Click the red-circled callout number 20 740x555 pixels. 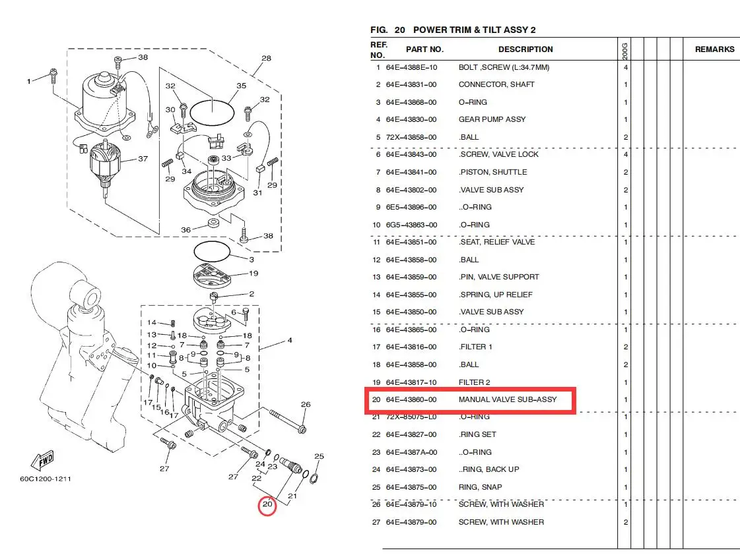(267, 504)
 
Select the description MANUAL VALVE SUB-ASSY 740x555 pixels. (508, 399)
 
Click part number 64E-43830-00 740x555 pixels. (411, 120)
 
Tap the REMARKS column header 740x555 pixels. (714, 49)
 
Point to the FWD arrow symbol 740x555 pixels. (43, 460)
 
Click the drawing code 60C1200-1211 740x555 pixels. (46, 479)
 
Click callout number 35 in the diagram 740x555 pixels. (241, 86)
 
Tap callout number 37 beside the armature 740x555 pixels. (143, 159)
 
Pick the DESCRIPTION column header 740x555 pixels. (525, 49)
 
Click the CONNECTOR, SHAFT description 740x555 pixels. (496, 85)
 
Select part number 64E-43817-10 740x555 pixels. (411, 382)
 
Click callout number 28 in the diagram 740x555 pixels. (266, 59)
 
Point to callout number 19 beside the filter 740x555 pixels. (253, 274)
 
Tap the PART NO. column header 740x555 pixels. (424, 49)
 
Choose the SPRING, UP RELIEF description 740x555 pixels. (496, 295)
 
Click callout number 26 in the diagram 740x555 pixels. (306, 404)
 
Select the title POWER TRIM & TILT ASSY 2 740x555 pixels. (474, 30)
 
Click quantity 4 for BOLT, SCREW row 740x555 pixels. (626, 67)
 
